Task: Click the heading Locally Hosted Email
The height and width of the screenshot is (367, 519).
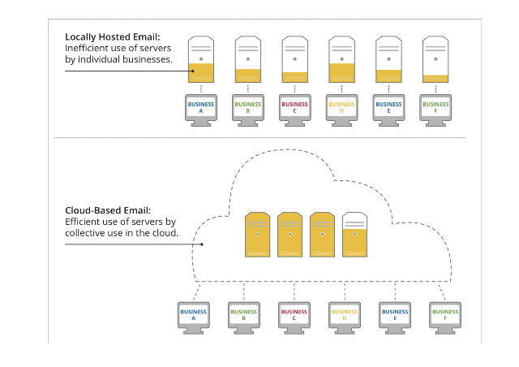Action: point(112,37)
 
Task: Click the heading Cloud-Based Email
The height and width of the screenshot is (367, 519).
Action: point(108,210)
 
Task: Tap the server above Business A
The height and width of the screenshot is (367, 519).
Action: point(201,59)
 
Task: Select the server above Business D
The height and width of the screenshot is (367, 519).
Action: point(341,59)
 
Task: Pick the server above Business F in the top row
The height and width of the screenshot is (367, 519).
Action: point(435,59)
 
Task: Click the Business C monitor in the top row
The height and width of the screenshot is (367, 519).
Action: point(295,110)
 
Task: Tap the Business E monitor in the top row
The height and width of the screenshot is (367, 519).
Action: point(388,110)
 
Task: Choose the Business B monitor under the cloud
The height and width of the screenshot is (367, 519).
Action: point(244,317)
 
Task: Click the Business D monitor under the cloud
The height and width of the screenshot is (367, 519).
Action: point(345,317)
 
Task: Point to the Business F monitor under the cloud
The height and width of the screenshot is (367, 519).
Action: point(445,317)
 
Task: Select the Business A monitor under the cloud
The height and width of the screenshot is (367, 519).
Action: point(194,317)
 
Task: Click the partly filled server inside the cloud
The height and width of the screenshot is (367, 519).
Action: point(354,235)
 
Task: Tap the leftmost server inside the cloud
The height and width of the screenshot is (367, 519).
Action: point(258,235)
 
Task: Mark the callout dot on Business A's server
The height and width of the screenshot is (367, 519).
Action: point(193,71)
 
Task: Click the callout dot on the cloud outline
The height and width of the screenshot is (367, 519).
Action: point(202,244)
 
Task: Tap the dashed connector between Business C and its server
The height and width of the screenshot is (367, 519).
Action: point(295,89)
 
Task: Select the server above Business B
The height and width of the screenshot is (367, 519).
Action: point(248,59)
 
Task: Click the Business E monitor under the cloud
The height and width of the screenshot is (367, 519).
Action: point(395,317)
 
